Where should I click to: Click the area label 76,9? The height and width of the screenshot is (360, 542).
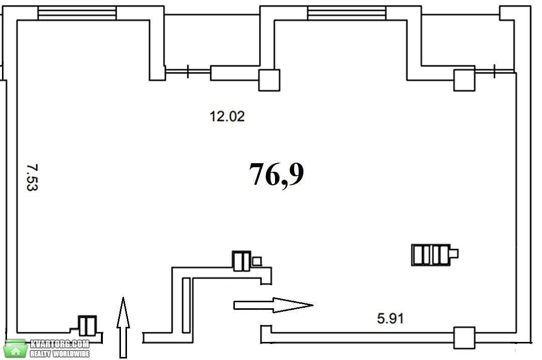coord(277,175)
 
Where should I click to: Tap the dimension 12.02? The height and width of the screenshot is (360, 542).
coord(227,116)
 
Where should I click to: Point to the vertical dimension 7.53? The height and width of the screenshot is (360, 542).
coord(32,177)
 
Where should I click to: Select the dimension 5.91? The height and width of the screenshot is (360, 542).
coord(390,318)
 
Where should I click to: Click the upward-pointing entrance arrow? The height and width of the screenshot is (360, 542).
coord(123,327)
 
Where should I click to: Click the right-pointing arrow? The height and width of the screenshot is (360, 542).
coord(274,305)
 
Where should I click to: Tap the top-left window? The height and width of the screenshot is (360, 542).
coord(77,13)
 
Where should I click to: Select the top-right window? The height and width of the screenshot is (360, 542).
coord(347,13)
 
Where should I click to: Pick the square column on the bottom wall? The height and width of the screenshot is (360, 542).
coord(464,337)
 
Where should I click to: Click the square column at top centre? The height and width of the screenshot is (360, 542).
coord(269,80)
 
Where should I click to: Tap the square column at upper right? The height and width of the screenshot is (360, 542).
coord(464,80)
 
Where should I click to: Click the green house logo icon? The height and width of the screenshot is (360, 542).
coord(15,348)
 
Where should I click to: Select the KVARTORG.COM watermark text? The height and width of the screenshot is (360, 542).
coord(60,344)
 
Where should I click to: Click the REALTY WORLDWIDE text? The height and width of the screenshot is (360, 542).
coord(60,353)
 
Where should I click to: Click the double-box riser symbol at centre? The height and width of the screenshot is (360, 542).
coord(241,261)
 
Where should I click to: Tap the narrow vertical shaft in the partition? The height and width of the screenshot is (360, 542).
coord(186,305)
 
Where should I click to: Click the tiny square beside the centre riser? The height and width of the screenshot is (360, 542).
coord(257,261)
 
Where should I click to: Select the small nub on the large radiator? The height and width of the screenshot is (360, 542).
coord(454,254)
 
